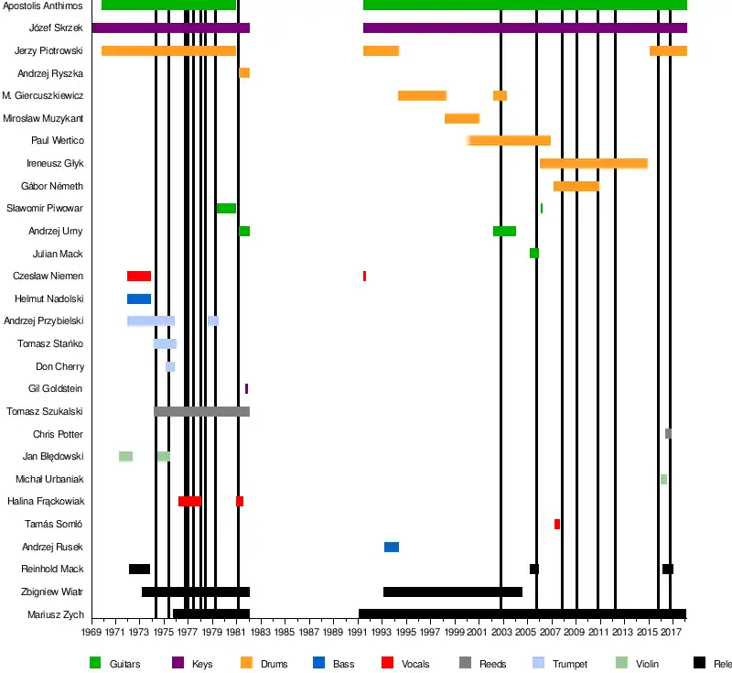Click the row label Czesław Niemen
click(x=48, y=277)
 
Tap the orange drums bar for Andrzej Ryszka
click(x=244, y=73)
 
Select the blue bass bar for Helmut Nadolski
click(x=139, y=299)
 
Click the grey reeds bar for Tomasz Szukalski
click(x=201, y=411)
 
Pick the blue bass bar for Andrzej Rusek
click(x=392, y=547)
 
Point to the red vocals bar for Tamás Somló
click(x=557, y=524)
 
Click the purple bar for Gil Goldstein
click(x=246, y=389)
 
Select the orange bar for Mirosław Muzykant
click(x=462, y=118)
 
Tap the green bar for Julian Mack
click(x=534, y=254)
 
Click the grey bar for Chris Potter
click(x=668, y=434)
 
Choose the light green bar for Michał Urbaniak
click(x=663, y=479)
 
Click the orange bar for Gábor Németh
click(x=576, y=186)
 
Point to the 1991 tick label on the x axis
click(x=358, y=633)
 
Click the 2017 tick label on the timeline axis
click(x=672, y=633)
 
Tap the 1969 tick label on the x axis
click(x=92, y=633)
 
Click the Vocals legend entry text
click(x=415, y=664)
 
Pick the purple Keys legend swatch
click(x=178, y=663)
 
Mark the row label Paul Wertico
click(x=58, y=141)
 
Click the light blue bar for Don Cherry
click(x=170, y=366)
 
